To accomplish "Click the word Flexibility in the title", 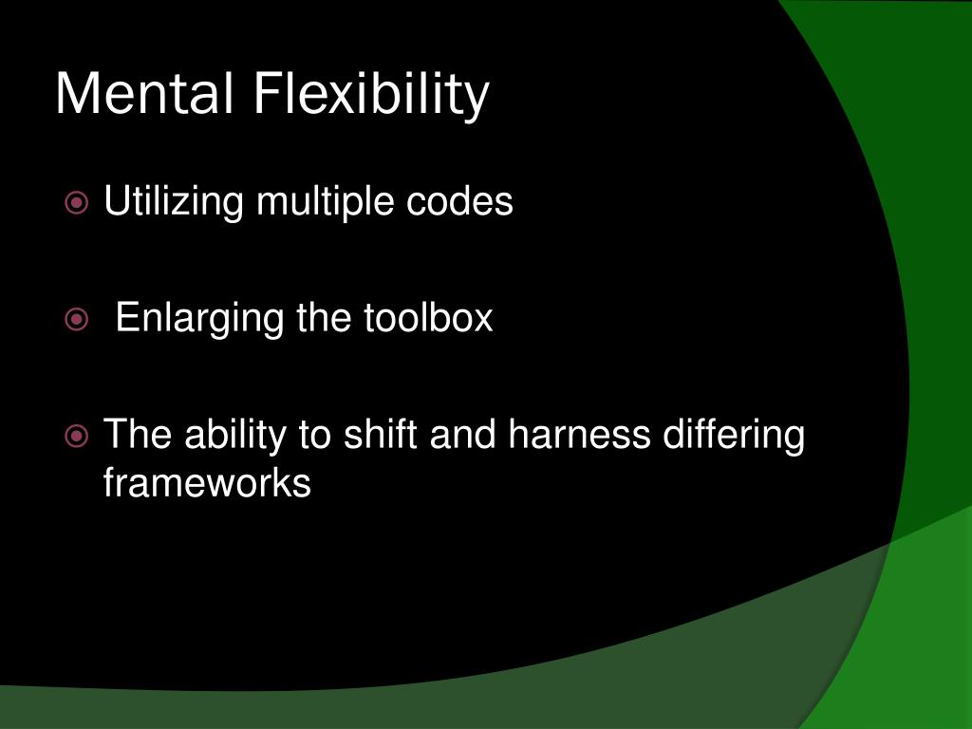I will coord(371,95).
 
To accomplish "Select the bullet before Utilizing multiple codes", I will coord(78,202).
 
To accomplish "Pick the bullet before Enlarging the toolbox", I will coord(78,319).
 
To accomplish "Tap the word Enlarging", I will coord(199,319).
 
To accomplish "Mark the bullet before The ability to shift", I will coord(78,437).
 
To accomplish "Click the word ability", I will coord(236,437).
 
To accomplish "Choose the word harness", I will coord(580,435).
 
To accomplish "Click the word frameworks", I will coord(207,482).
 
